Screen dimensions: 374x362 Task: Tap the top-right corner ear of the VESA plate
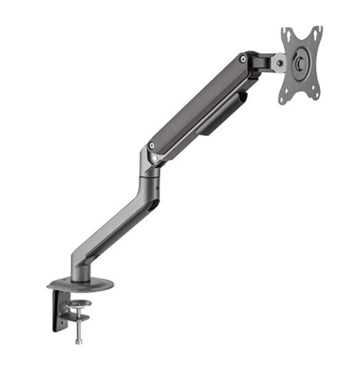point(317,31)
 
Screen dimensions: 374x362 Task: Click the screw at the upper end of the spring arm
point(242,60)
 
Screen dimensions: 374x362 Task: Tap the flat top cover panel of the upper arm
point(197,102)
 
